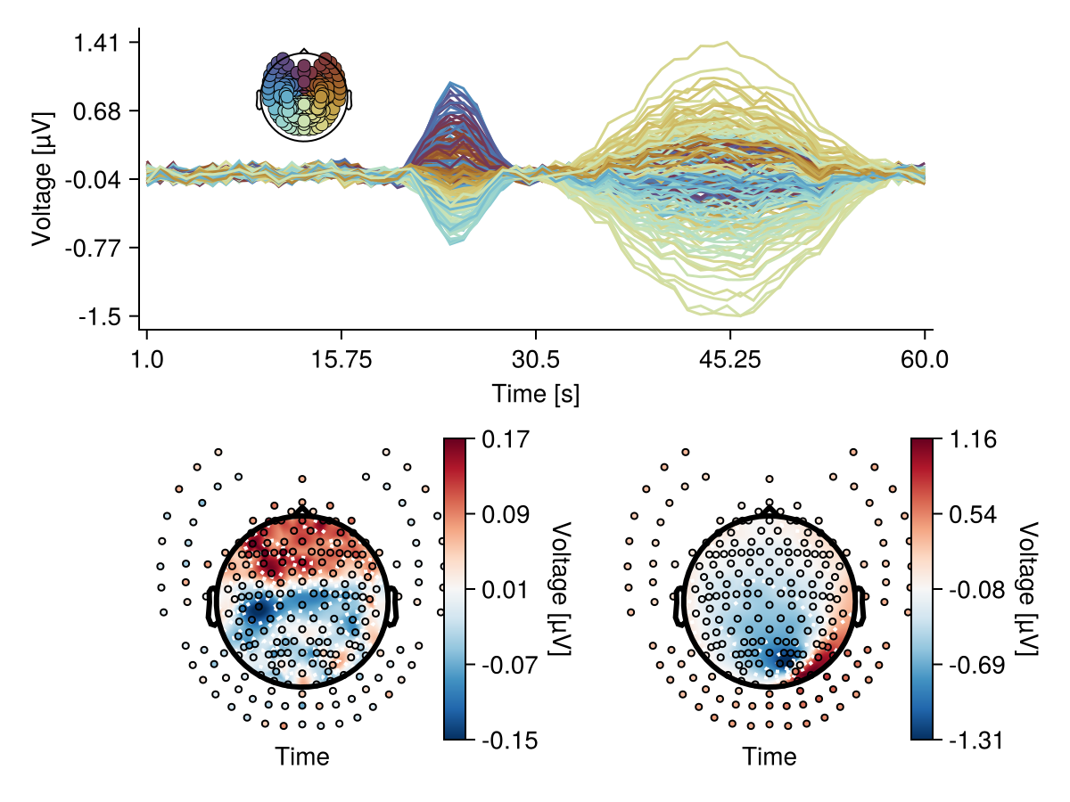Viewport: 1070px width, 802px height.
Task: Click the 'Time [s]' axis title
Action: click(x=535, y=393)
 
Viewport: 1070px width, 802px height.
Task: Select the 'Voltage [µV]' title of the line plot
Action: click(x=42, y=178)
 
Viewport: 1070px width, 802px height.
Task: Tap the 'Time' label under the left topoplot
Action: click(x=302, y=757)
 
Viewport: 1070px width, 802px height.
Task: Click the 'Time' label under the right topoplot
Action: click(x=770, y=757)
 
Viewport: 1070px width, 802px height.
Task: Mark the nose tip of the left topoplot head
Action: click(x=303, y=505)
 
